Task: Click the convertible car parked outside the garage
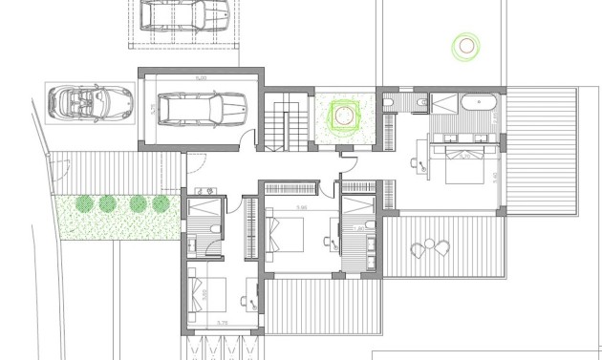point(89,100)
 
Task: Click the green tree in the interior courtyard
point(344,117)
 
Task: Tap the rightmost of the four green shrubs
point(161,202)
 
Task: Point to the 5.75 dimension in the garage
point(153,109)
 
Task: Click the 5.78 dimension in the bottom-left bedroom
point(222,324)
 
